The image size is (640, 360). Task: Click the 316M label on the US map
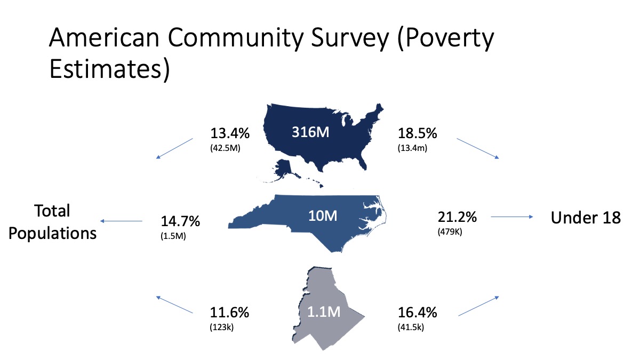tap(310, 132)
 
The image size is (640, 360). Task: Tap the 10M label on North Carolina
tap(323, 215)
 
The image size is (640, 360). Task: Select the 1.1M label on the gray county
tap(324, 311)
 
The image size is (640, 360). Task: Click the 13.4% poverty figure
tap(230, 133)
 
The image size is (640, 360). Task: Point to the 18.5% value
tap(418, 133)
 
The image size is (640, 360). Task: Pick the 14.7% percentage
tap(180, 221)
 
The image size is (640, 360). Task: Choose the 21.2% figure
tap(457, 217)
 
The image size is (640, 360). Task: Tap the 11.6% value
tap(229, 313)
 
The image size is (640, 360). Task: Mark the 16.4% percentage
tap(418, 313)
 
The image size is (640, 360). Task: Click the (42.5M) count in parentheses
tap(225, 148)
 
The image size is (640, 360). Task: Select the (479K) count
tap(450, 231)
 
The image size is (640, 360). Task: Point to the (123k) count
tap(222, 327)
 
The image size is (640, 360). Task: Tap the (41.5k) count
tap(411, 327)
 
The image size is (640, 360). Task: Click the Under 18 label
tap(586, 218)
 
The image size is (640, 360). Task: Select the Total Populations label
tap(53, 222)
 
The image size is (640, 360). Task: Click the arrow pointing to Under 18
tap(511, 217)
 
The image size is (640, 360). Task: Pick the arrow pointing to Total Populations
tap(121, 221)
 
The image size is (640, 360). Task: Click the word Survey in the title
tap(350, 38)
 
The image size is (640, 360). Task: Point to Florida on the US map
tap(362, 162)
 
